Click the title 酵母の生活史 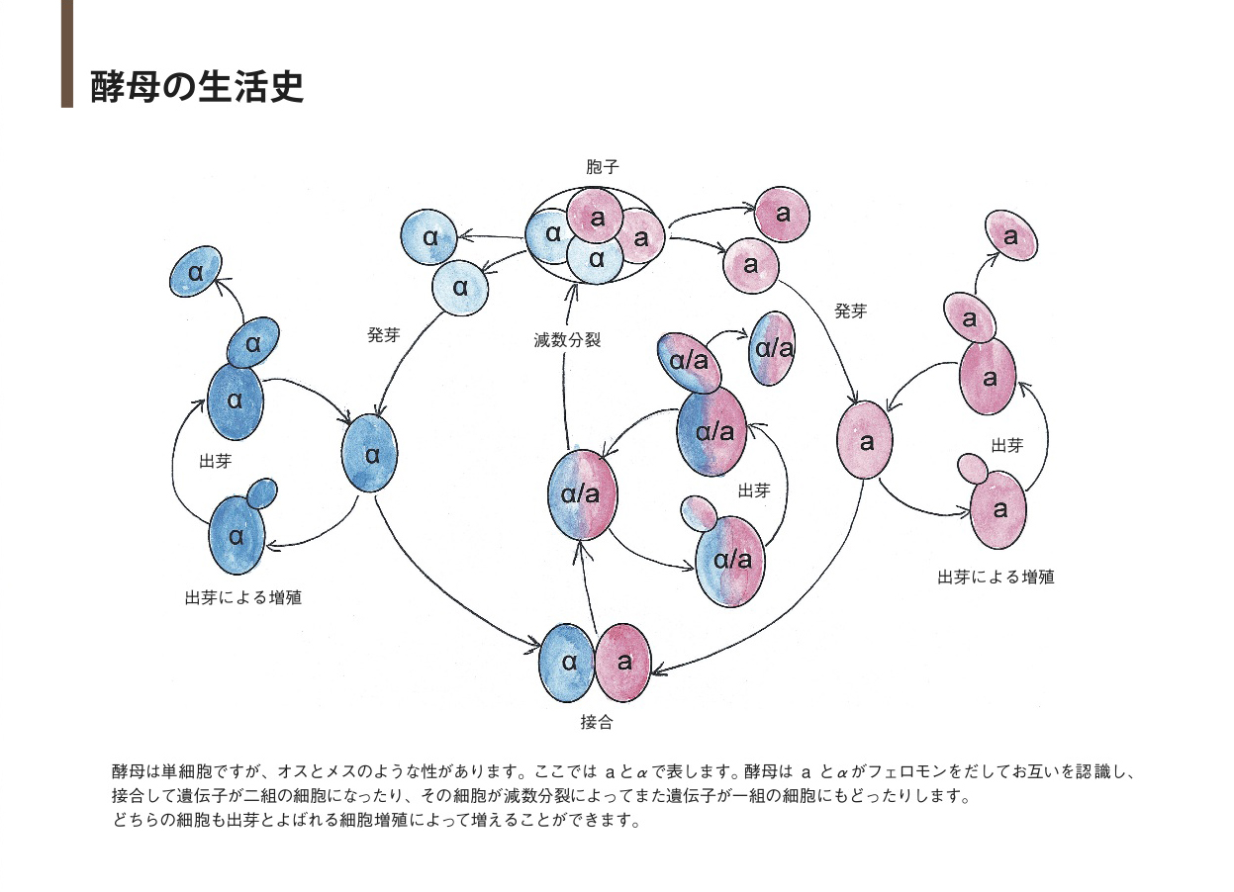(x=196, y=86)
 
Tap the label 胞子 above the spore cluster (x=602, y=168)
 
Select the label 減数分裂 (x=567, y=340)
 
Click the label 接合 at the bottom (x=596, y=722)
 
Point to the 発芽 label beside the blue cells (x=383, y=335)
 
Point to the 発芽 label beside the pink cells (x=850, y=311)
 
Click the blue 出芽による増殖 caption (x=242, y=597)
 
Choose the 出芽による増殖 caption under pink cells (x=996, y=577)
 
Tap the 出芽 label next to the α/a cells (x=754, y=490)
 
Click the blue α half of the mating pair (x=567, y=663)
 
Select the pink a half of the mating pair (x=623, y=663)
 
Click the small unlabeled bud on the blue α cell (x=261, y=492)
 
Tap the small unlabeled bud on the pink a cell (x=973, y=467)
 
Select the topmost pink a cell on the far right (x=1010, y=236)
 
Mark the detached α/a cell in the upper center (x=774, y=348)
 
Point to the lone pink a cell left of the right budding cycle (x=866, y=441)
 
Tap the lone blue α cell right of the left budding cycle (x=370, y=455)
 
